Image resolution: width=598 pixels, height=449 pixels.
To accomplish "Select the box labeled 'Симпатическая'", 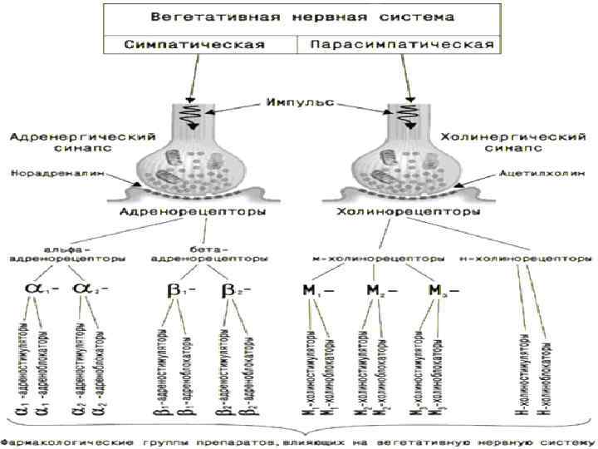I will (x=199, y=43).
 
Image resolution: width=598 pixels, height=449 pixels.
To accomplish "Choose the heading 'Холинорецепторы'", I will (x=407, y=213).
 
